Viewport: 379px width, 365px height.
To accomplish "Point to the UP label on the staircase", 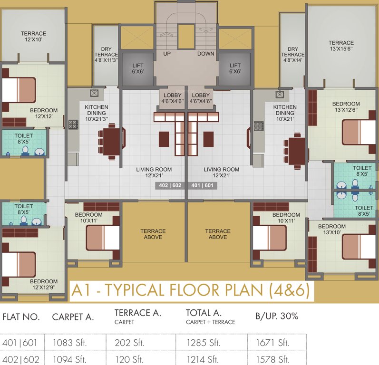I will (x=167, y=54).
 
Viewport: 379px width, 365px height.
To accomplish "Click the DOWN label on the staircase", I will (x=206, y=54).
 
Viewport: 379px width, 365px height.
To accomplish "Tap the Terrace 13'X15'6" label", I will (x=341, y=46).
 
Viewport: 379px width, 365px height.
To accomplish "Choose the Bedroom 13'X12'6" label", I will (x=346, y=107).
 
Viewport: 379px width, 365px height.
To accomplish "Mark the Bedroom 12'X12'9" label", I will (x=45, y=284).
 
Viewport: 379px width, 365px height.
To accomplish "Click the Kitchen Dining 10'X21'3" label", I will (x=97, y=113).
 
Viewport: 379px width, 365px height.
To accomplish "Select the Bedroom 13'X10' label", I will (x=332, y=229).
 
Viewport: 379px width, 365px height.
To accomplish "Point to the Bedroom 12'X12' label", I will (x=44, y=114).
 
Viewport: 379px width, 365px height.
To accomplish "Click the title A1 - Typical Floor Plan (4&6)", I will (x=190, y=290).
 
